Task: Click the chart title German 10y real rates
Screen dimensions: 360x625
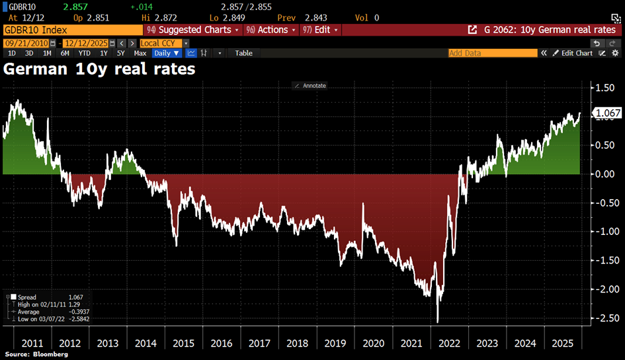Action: [x=100, y=68]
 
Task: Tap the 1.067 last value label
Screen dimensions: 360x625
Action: [x=608, y=114]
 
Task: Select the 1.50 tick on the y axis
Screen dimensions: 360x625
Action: [x=605, y=88]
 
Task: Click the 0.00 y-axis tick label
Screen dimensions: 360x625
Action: [x=605, y=174]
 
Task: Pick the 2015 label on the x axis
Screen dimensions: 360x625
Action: [x=183, y=344]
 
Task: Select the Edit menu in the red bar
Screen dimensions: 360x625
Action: [x=321, y=30]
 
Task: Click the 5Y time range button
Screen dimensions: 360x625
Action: [x=121, y=53]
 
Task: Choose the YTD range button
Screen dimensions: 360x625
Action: [x=85, y=53]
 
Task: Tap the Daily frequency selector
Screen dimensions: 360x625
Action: [x=167, y=53]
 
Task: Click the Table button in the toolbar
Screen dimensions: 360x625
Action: [x=243, y=53]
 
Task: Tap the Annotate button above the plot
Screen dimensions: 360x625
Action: [x=310, y=85]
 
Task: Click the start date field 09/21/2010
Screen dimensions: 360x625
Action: [x=20, y=43]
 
